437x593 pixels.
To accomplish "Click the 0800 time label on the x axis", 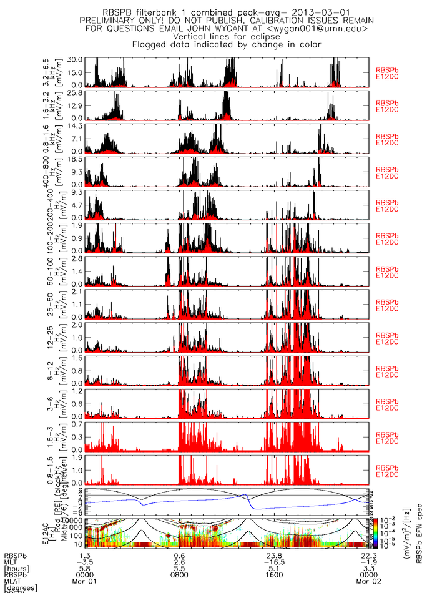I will pos(179,572).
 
